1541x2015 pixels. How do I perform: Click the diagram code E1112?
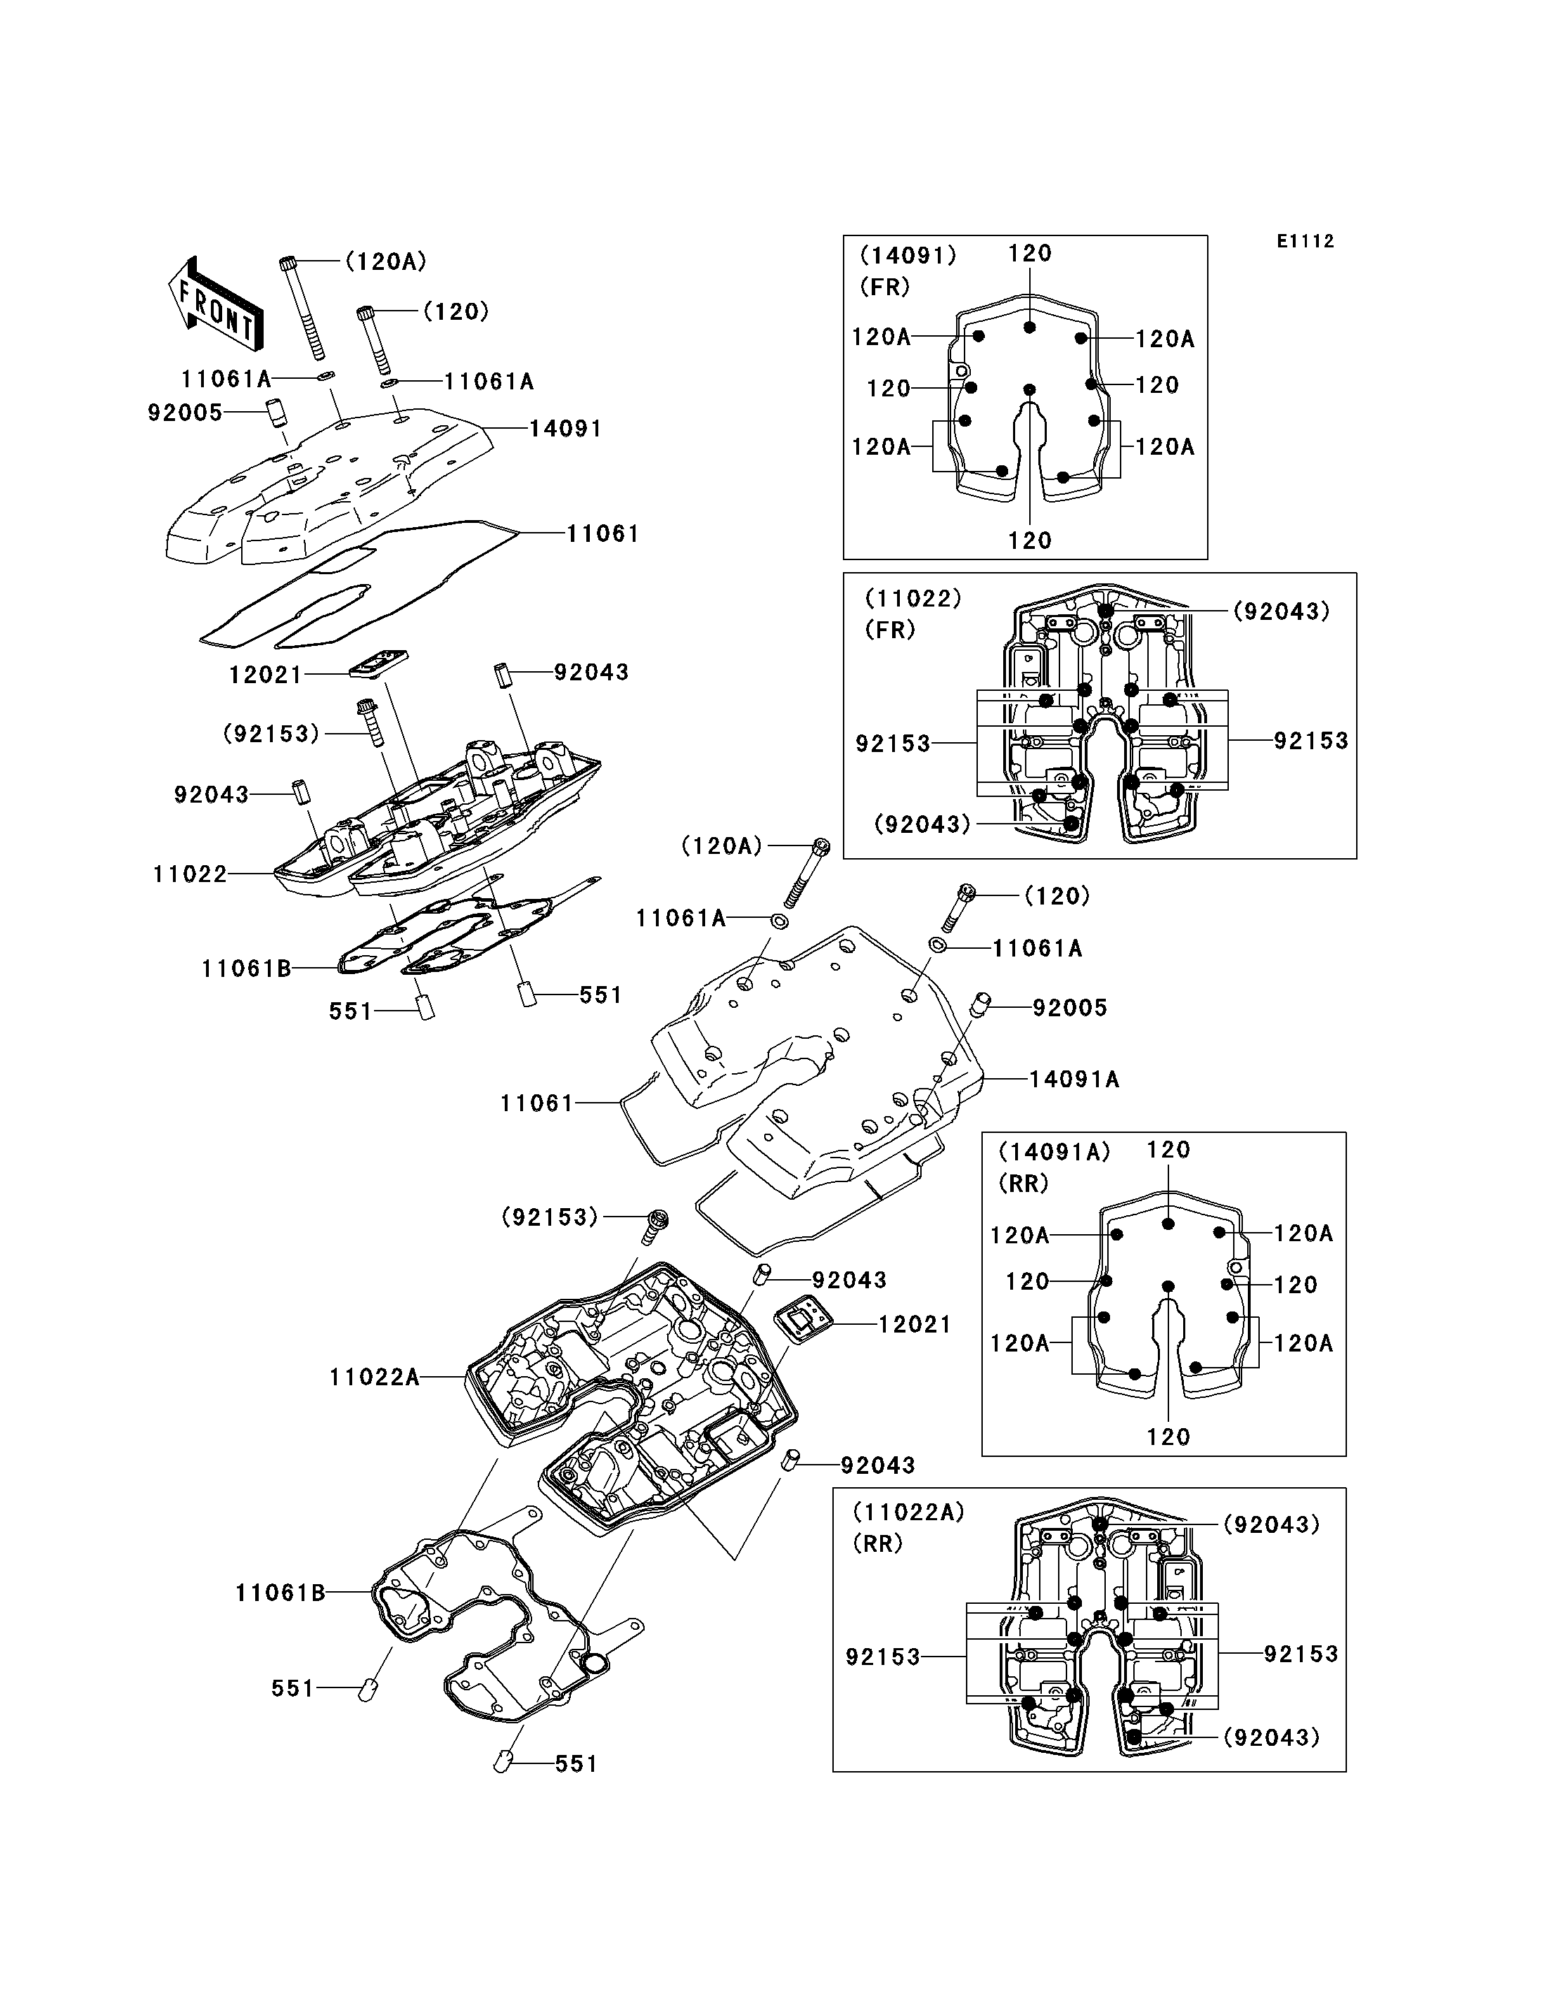coord(1305,241)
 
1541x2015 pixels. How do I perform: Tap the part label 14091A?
coord(1074,1079)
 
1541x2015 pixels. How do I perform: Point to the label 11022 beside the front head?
coord(190,874)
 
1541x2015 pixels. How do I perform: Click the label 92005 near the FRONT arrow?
coord(186,413)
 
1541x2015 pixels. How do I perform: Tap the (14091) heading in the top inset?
coord(908,255)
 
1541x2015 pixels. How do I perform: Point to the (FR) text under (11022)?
coord(891,630)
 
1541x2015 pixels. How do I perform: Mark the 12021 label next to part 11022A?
coord(915,1324)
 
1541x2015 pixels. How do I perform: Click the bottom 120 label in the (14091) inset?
coord(1030,541)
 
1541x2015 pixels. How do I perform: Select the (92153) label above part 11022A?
coord(550,1217)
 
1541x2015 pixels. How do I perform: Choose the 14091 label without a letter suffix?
coord(566,428)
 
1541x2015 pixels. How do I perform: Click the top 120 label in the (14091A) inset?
coord(1168,1150)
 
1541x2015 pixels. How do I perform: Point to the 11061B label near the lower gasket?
coord(281,1592)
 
